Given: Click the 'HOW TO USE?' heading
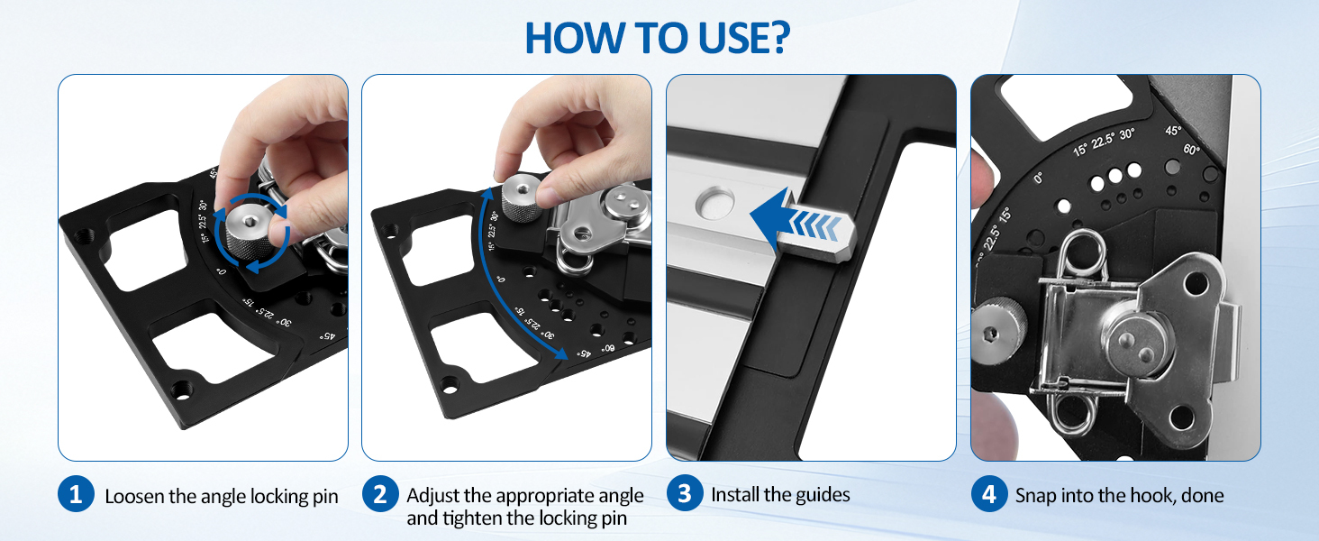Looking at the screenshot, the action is (657, 38).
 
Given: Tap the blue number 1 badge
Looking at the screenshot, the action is (76, 494).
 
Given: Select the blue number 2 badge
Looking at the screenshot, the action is (380, 494).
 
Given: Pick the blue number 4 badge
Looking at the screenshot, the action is (989, 494).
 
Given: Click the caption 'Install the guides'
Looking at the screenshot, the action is (780, 494).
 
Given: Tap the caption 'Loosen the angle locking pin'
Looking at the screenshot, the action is (222, 496).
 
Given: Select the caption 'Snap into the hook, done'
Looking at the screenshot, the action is (1119, 495).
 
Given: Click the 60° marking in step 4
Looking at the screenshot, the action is (1191, 149).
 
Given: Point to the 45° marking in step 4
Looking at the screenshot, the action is (1172, 130).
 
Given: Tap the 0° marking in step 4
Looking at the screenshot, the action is (1038, 178).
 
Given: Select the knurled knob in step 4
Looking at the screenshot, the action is (997, 333).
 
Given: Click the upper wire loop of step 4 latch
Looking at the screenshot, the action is (1082, 253).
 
